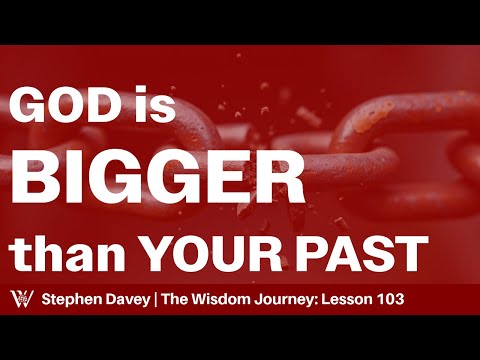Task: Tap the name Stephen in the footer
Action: [x=74, y=300]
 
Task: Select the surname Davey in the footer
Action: [x=139, y=300]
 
